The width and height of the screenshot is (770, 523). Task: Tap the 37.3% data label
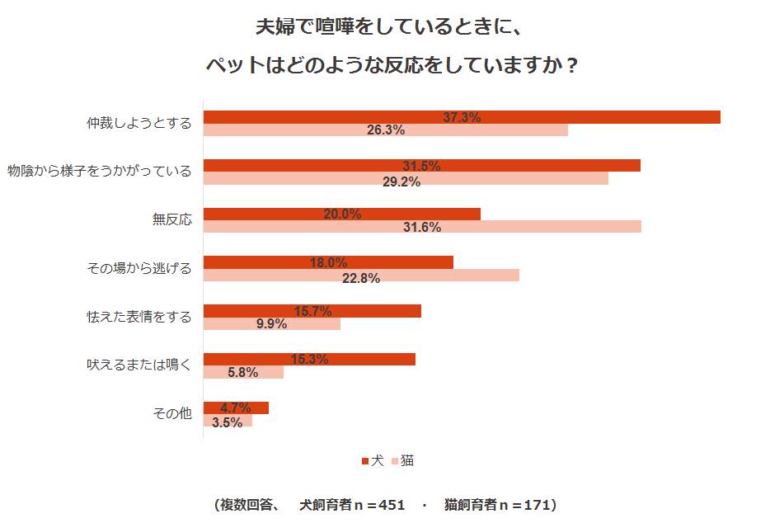point(462,117)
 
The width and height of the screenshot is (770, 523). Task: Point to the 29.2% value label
point(401,181)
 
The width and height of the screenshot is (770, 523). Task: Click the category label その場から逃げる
point(139,268)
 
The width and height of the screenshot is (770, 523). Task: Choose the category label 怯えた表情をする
point(139,316)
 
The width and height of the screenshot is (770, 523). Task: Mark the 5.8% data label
point(243,372)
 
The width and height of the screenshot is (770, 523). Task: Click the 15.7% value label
point(312,311)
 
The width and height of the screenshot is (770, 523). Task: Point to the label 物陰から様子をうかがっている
point(100,172)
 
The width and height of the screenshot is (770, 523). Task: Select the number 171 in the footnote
point(536,504)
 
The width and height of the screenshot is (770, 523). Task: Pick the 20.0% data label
point(342,214)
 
